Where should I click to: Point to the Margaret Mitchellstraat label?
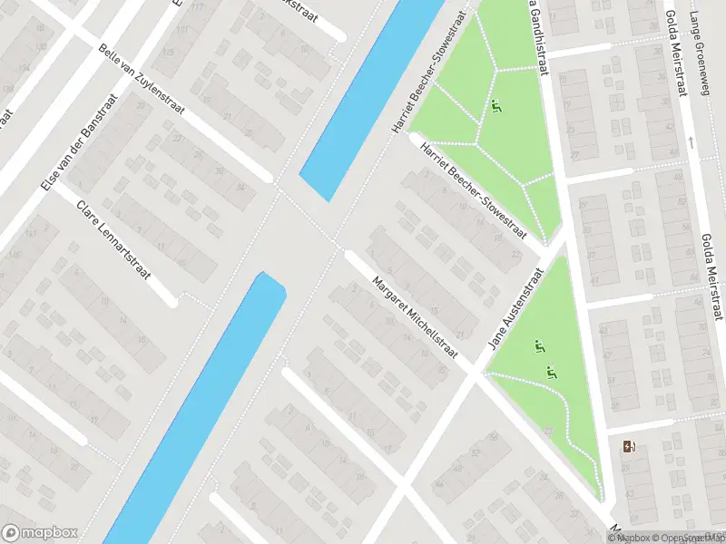coord(416,316)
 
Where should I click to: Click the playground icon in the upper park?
coord(496,106)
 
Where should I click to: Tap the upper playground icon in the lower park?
coord(539,345)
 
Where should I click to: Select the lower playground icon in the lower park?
coord(551,372)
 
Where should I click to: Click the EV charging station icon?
coord(629,445)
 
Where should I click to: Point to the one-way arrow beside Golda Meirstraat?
coord(692,141)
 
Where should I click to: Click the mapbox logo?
coord(40,532)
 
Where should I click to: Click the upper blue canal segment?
coord(368,100)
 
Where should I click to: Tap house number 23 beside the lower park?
coord(548,432)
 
